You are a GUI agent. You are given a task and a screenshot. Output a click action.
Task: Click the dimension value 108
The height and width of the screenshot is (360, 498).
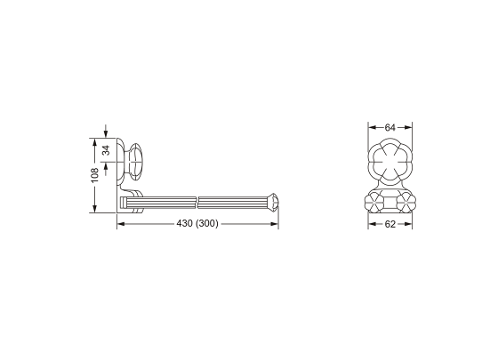click(95, 175)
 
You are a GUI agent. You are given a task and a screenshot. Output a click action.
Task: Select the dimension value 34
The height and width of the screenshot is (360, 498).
click(106, 150)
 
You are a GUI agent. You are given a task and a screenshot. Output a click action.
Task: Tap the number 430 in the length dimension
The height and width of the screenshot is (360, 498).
click(185, 224)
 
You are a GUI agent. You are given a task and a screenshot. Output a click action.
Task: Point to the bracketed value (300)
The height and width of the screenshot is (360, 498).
click(207, 224)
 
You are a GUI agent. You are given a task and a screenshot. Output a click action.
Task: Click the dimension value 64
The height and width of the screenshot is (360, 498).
click(390, 128)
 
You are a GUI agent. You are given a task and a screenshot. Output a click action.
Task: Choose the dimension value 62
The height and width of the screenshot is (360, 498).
click(390, 224)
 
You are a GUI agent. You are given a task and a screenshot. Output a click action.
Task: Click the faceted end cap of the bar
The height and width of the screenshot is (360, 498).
click(274, 202)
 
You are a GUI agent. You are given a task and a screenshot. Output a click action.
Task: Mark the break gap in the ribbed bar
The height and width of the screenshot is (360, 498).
click(197, 203)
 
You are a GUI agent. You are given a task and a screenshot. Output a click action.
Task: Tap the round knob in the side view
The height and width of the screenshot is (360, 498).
click(135, 162)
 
